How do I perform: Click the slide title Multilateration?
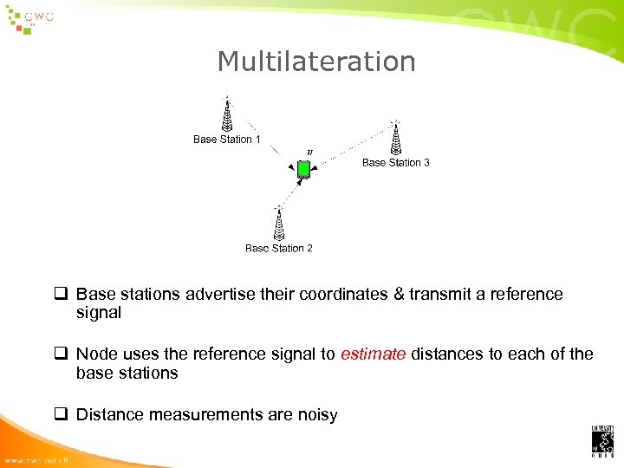coord(316,62)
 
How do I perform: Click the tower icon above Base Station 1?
coord(227,114)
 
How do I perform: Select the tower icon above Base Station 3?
coord(395,137)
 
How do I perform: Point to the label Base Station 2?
coord(279,249)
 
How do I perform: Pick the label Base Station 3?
coord(395,163)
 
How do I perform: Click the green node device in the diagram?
coord(304,170)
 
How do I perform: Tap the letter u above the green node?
coord(310,153)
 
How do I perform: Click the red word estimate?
coord(373,354)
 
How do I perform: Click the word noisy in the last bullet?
coord(316,414)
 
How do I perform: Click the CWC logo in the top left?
coord(29,19)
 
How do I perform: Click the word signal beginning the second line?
coord(99,313)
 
